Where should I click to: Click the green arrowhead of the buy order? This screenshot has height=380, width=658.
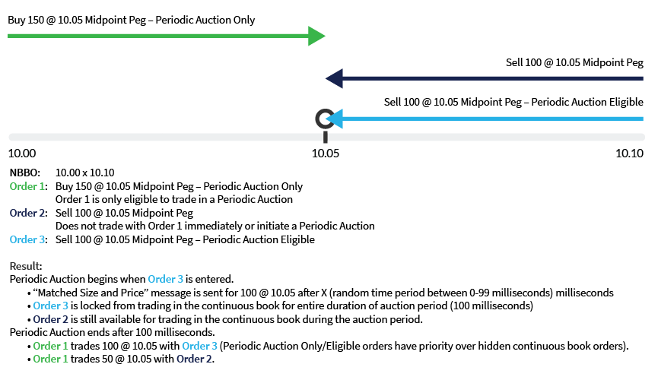(316, 36)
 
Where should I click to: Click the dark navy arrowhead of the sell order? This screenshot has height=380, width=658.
(334, 78)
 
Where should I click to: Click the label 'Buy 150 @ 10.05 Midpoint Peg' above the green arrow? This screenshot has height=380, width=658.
(132, 20)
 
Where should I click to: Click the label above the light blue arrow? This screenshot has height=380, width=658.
(513, 102)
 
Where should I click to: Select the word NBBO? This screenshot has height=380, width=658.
(26, 173)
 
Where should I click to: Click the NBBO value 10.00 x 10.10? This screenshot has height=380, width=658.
(85, 173)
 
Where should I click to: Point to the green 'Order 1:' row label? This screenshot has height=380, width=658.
(28, 186)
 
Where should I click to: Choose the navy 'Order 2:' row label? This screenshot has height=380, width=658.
(28, 213)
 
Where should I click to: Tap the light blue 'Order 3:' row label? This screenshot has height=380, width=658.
(28, 239)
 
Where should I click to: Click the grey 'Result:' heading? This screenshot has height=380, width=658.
(26, 267)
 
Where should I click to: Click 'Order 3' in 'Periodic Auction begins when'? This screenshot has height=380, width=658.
(167, 280)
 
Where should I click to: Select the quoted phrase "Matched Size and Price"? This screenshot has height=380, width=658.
(81, 293)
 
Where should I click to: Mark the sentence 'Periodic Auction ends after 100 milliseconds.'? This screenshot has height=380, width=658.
(112, 332)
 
